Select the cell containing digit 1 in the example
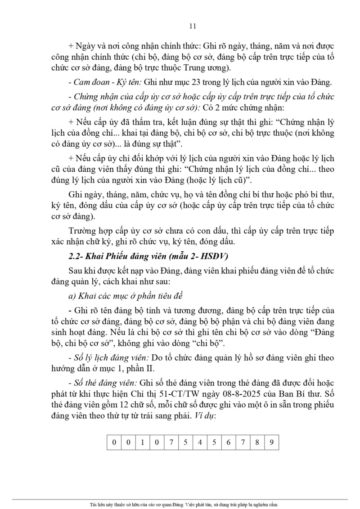point(143,442)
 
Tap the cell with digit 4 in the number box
point(200,442)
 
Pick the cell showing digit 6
point(229,442)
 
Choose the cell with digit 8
point(257,442)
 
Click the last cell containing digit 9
point(271,442)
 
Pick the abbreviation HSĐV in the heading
point(216,257)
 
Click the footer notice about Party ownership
point(180,505)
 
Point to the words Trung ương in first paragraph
point(209,68)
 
